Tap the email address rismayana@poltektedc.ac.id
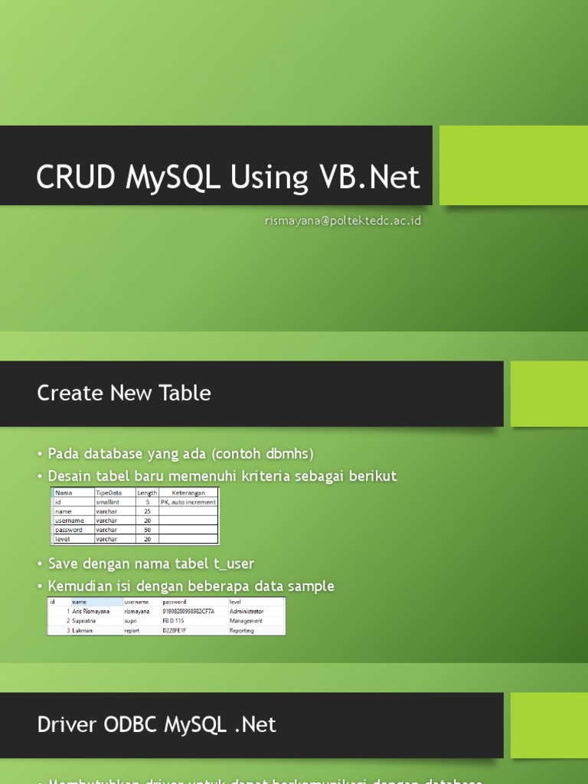[x=343, y=221]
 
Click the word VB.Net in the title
[x=366, y=178]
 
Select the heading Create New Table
[x=124, y=393]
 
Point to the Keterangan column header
[x=188, y=493]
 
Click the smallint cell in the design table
[x=107, y=502]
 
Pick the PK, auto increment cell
[x=188, y=502]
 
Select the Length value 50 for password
[x=147, y=530]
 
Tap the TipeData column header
[x=109, y=493]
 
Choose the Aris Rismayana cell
[x=91, y=612]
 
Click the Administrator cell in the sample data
[x=247, y=612]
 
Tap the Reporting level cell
[x=242, y=631]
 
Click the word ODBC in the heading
[x=126, y=724]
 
